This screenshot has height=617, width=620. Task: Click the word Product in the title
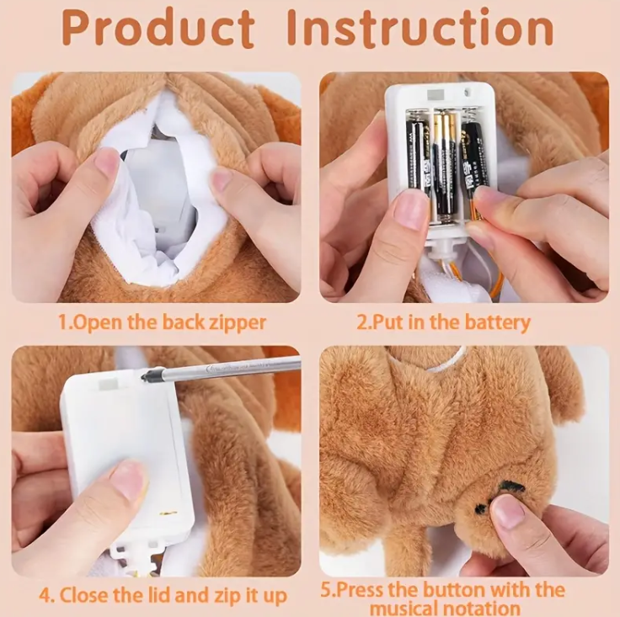coord(158,28)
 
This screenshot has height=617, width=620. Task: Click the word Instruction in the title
coord(420,28)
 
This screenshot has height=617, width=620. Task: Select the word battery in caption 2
coord(497,322)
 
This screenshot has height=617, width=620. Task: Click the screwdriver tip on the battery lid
coord(144,375)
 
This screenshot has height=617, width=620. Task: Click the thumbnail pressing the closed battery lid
coord(126,479)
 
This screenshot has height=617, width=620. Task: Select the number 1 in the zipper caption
coord(63,322)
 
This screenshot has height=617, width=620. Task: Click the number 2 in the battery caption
coord(361,322)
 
